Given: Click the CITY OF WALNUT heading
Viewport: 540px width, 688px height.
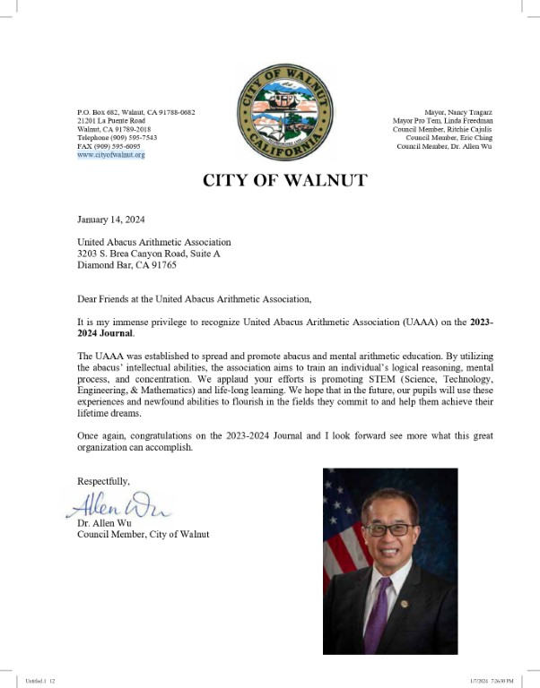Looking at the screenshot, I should point(284,180).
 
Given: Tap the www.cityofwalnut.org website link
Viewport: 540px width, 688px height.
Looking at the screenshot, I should point(110,155).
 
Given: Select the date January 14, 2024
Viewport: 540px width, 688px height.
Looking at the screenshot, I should point(110,219).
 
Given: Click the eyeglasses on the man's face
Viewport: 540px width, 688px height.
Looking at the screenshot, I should point(388,529).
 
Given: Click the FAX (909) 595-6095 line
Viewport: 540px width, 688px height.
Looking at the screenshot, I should point(109,146).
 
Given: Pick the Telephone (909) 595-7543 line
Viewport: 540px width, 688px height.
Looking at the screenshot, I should point(117,138).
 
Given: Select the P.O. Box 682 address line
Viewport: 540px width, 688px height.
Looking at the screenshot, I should point(135,112).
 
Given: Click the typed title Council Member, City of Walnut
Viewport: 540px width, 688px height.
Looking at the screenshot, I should point(143,535).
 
